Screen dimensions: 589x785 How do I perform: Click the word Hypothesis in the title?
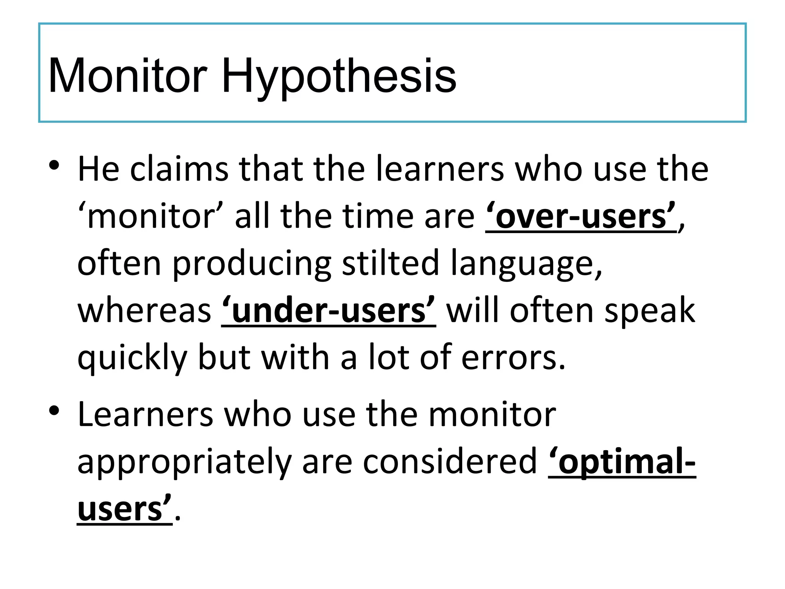pos(339,76)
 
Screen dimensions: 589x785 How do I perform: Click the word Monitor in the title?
pos(128,76)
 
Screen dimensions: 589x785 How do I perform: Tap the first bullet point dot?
pos(54,166)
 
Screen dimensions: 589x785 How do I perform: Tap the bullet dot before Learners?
pos(54,411)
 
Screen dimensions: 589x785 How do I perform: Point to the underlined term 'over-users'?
pos(581,217)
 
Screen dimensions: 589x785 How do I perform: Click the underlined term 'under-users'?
pos(328,311)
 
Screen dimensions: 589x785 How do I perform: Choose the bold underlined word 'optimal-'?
pos(622,462)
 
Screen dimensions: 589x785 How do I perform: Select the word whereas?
pos(144,311)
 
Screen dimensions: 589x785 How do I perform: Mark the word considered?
pos(450,462)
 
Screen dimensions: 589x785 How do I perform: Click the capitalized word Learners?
pos(145,415)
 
